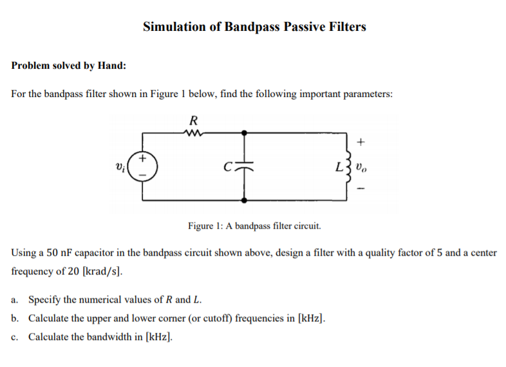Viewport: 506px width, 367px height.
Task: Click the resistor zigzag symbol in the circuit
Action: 193,133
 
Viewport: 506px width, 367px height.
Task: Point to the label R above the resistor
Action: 193,120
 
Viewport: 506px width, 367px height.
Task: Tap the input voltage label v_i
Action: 120,168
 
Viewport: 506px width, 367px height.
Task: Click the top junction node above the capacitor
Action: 245,133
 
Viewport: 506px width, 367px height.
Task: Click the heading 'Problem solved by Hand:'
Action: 69,66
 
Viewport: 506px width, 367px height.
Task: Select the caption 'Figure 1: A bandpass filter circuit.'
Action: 254,226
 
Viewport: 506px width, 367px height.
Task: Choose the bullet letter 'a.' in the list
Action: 15,300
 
